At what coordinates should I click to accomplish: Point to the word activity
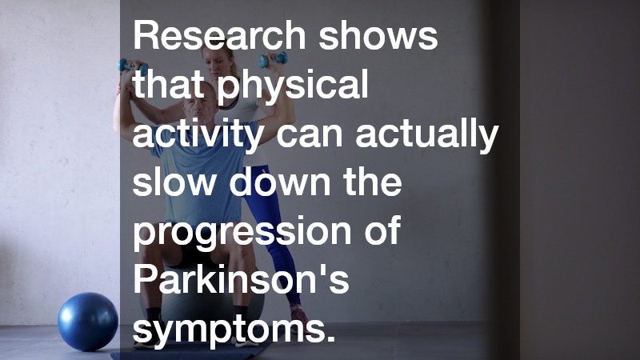[196, 136]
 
